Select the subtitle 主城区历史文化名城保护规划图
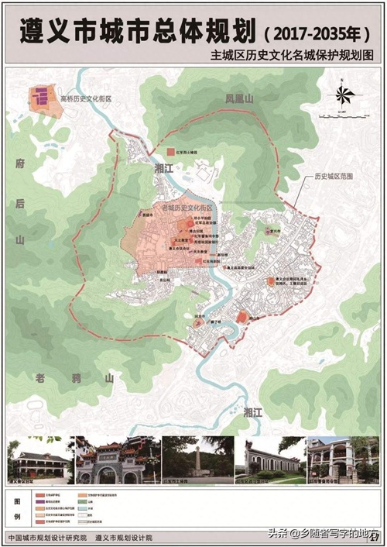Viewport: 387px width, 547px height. click(x=292, y=56)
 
